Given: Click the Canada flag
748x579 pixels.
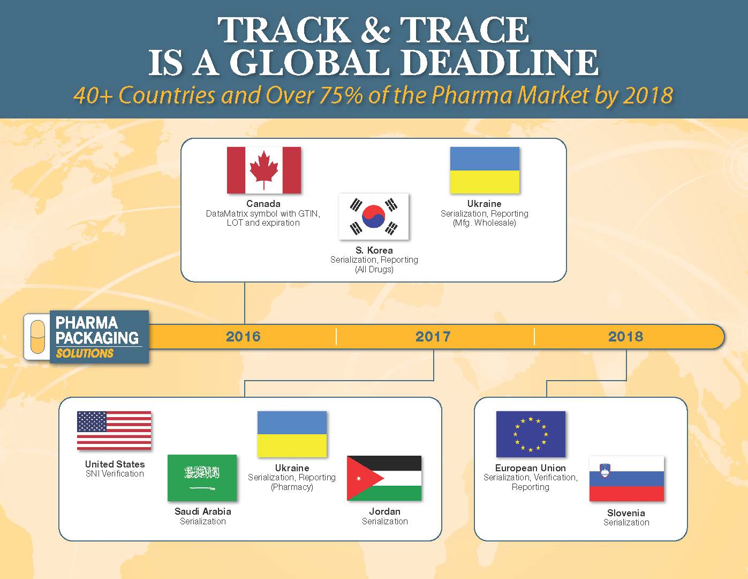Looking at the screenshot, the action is click(x=263, y=170).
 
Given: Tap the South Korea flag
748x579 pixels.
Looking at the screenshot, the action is click(x=374, y=217).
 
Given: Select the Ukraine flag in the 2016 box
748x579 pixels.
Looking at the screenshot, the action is click(x=485, y=170).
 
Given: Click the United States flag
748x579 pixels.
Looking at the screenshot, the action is click(x=114, y=430).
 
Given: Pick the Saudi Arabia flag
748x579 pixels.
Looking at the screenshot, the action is click(x=202, y=478).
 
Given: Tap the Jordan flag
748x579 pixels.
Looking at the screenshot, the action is click(x=384, y=478).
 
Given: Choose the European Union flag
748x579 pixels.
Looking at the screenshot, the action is click(x=531, y=434).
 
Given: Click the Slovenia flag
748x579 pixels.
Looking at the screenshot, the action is click(x=626, y=478).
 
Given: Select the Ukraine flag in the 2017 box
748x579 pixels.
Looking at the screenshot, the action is click(x=292, y=434).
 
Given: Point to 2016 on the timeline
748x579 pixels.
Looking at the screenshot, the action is click(x=243, y=337).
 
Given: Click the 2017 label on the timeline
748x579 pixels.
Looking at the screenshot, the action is click(x=433, y=337).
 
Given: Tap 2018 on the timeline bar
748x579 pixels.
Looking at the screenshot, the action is click(x=625, y=337).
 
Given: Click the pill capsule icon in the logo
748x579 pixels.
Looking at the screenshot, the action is click(x=37, y=337).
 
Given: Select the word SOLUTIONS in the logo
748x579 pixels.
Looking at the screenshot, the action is click(x=85, y=354).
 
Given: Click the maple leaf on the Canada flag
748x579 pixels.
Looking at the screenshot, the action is click(x=263, y=169).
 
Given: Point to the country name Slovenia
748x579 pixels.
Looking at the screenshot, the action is click(x=626, y=513).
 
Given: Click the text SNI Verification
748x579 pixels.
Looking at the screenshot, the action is click(x=115, y=473).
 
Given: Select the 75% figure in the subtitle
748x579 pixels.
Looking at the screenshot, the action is click(x=341, y=95).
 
